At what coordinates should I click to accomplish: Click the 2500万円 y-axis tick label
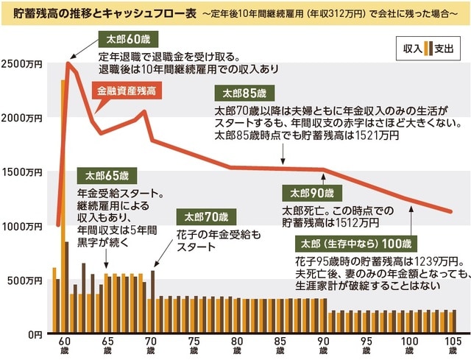point(22,64)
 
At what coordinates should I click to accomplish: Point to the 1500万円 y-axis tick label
point(22,172)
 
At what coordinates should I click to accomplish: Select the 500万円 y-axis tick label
point(24,280)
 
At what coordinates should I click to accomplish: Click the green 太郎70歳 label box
point(205,217)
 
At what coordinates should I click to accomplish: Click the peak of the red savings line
point(68,64)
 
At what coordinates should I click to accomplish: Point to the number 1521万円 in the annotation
point(380,135)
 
